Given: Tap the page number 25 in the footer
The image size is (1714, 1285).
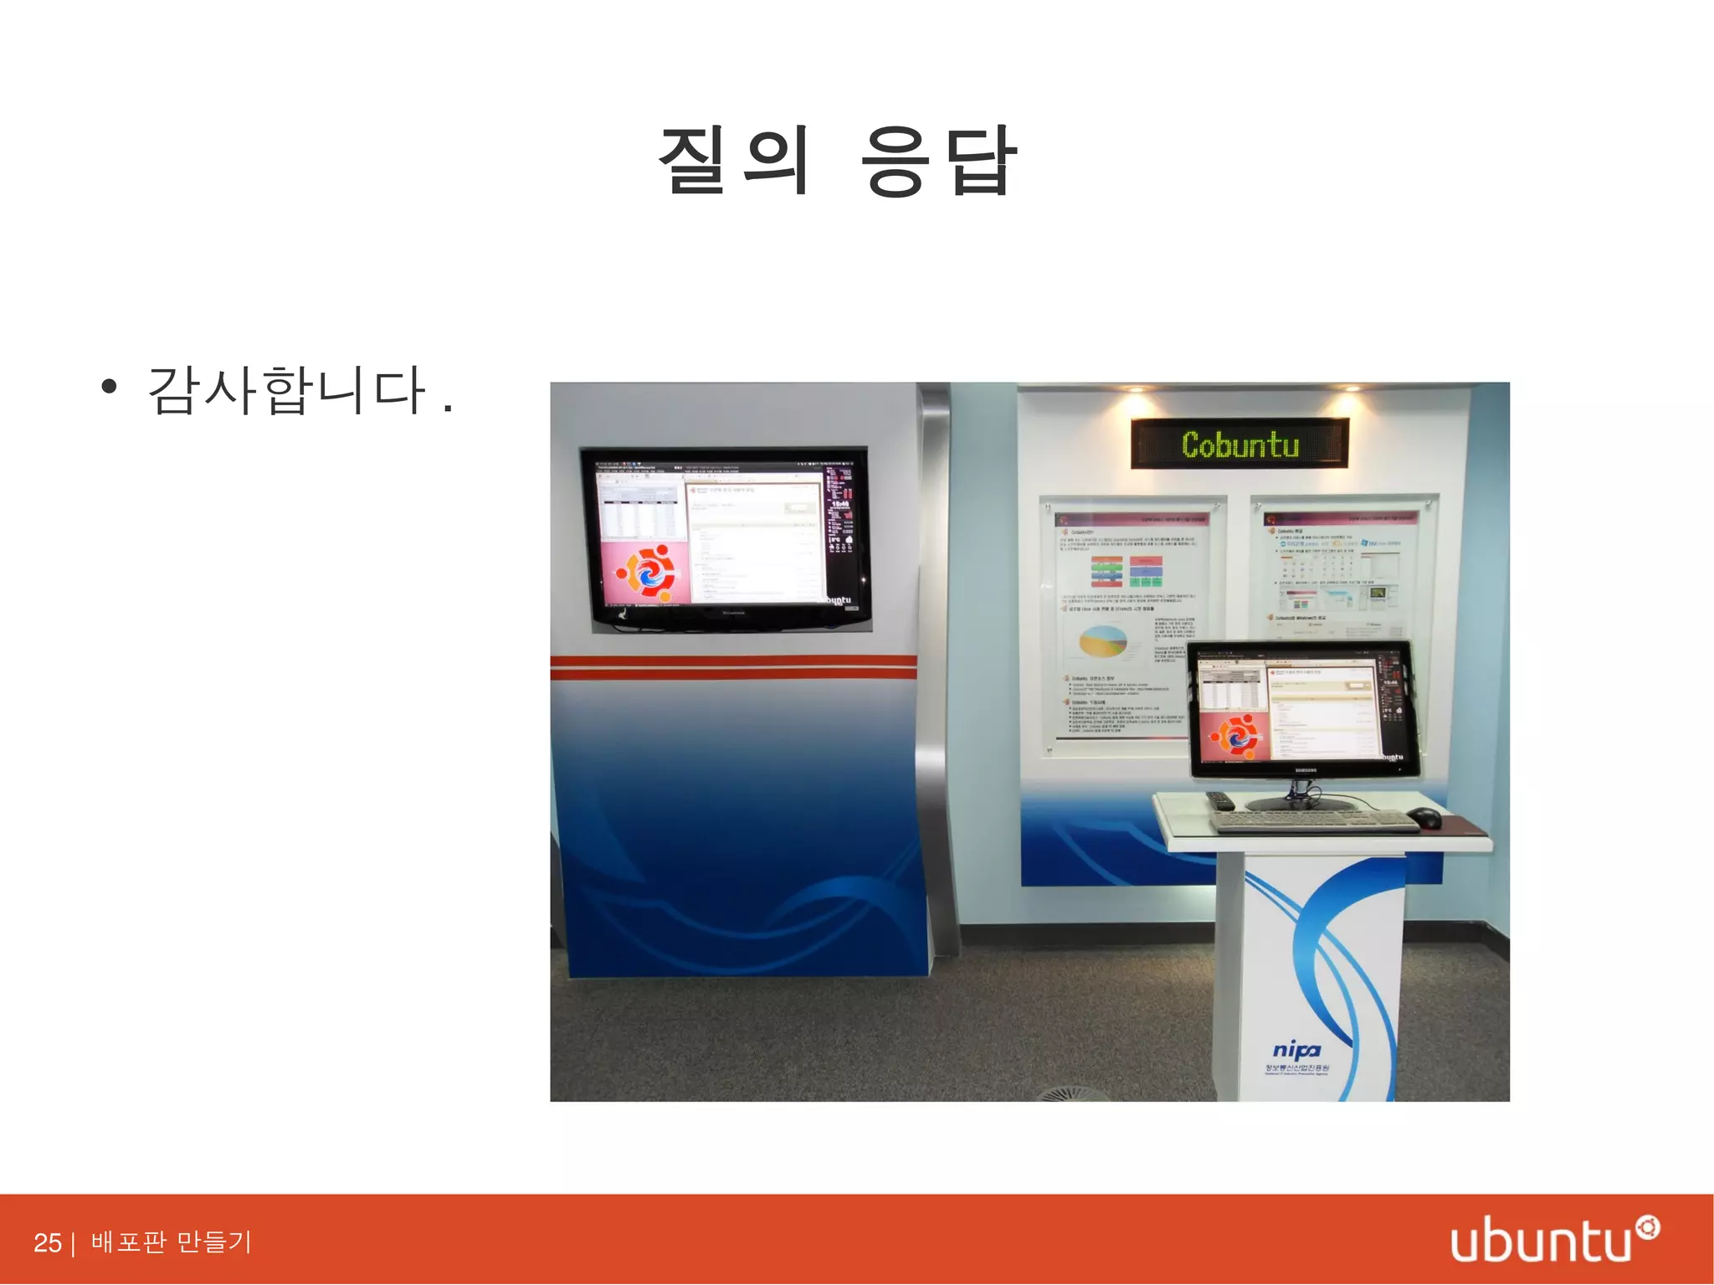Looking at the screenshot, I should [x=47, y=1242].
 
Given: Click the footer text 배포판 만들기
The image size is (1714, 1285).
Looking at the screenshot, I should [x=171, y=1241].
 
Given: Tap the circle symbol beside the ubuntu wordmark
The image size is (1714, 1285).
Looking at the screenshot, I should [x=1648, y=1228].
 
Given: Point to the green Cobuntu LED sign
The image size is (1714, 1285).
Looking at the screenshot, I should [x=1239, y=444].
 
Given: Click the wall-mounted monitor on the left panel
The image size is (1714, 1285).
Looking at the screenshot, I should [x=726, y=538].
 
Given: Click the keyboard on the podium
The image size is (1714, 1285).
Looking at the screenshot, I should [x=1314, y=821].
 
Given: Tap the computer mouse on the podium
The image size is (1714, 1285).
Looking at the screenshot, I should [x=1424, y=817].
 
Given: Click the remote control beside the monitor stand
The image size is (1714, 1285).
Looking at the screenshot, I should [x=1220, y=801].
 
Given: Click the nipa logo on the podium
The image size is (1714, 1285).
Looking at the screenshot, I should [x=1296, y=1051].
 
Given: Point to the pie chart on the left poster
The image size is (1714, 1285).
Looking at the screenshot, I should [x=1103, y=642].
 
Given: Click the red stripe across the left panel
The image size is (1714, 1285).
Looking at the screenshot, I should [x=733, y=666].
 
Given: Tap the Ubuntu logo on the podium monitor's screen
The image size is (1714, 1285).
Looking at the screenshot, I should [x=1232, y=736].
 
